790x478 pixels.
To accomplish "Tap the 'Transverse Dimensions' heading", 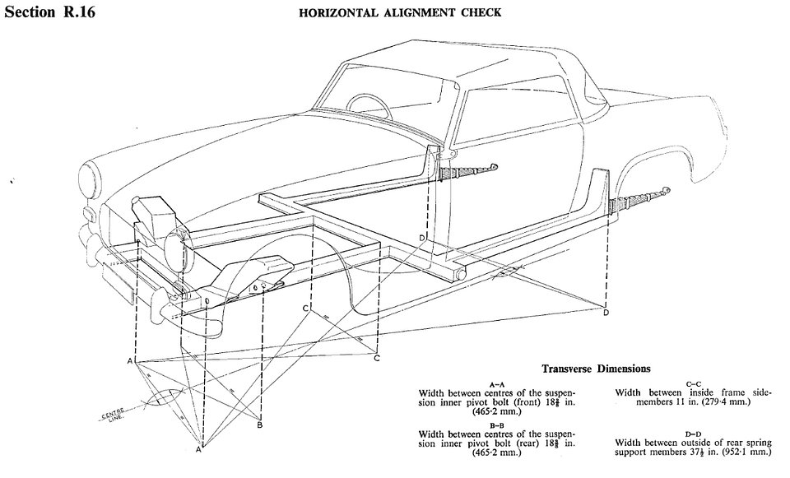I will tap(596, 369).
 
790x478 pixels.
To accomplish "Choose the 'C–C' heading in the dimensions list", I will tap(692, 383).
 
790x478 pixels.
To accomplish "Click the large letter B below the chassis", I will tap(259, 425).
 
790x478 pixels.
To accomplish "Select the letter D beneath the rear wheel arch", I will tap(606, 313).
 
